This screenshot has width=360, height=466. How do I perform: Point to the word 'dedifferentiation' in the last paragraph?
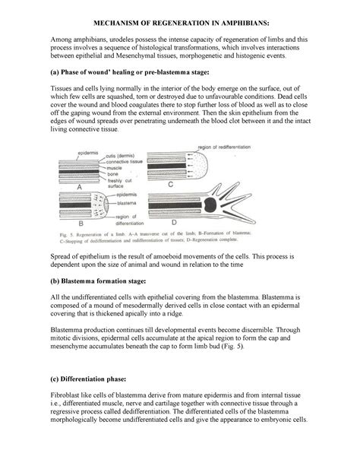tap(207, 411)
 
